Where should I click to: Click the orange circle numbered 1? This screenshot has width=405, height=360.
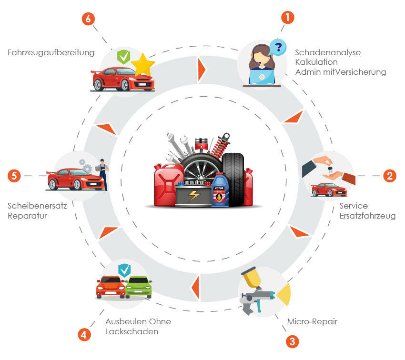287,18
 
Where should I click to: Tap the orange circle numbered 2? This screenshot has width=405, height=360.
390,176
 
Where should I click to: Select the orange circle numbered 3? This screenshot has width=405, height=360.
293,341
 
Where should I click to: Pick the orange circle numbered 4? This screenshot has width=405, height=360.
84,335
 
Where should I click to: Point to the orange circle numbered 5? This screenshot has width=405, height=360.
14,176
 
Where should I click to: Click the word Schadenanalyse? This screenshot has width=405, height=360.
328,52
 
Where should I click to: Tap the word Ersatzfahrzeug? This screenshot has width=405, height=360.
367,216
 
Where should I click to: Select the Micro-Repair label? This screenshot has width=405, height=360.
312,321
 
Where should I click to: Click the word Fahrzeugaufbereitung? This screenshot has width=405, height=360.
51,52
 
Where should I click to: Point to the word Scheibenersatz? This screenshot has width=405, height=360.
37,206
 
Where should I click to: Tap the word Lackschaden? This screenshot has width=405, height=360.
132,331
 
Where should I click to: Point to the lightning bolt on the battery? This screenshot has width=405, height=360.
193,196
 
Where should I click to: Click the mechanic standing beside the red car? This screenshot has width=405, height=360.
102,174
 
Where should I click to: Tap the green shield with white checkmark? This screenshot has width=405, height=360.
124,57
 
